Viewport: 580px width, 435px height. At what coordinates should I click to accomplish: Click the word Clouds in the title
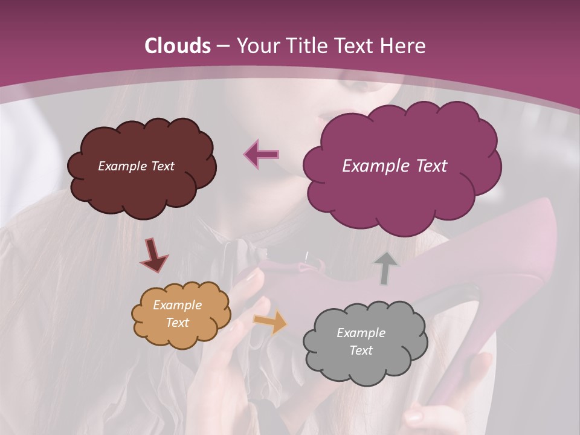point(178,46)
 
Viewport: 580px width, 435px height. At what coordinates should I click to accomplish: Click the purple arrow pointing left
point(262,154)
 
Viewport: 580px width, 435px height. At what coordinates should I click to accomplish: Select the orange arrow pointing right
point(271,322)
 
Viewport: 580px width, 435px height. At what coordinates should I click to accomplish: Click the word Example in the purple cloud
point(370,166)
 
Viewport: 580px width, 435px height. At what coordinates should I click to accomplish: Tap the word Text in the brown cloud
point(161,166)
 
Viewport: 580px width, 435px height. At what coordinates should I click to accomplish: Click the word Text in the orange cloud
point(177,323)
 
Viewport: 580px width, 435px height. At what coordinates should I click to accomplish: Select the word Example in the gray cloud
point(361,333)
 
